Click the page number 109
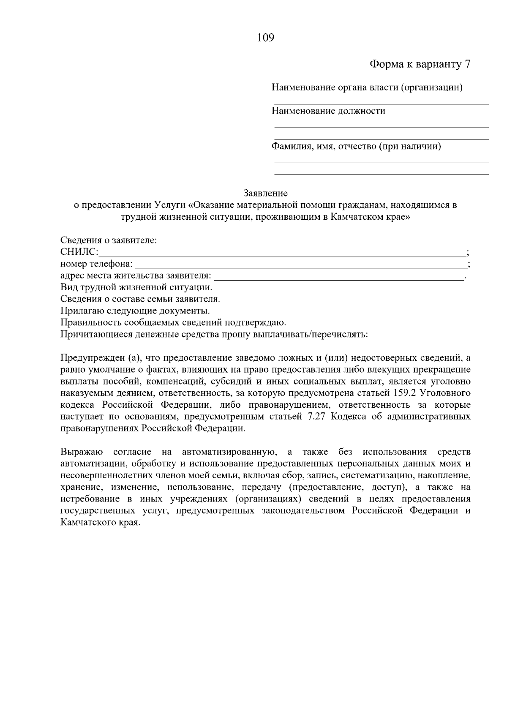[265, 38]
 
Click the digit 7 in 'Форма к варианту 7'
[467, 64]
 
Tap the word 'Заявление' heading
[265, 194]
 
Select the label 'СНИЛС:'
[79, 253]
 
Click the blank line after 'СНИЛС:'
[281, 255]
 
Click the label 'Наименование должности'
[328, 111]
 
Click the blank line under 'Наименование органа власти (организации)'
[381, 103]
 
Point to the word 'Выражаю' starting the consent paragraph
[82, 452]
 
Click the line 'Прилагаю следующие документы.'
[135, 311]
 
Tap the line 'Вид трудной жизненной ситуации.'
[136, 287]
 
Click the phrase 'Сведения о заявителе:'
[109, 240]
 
